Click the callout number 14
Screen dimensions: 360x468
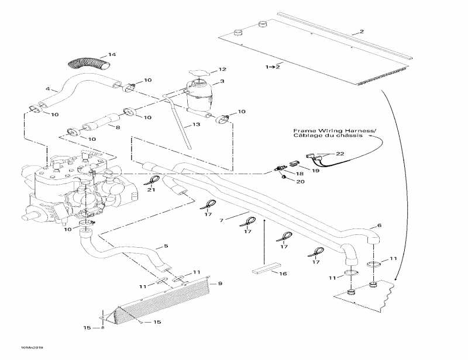pyautogui.click(x=113, y=55)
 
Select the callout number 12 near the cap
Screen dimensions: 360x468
pyautogui.click(x=222, y=70)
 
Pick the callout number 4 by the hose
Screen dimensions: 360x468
pyautogui.click(x=47, y=89)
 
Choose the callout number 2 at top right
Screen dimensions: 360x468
pyautogui.click(x=362, y=31)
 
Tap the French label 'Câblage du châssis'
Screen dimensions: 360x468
pyautogui.click(x=328, y=136)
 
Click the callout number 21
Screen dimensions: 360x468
pyautogui.click(x=152, y=189)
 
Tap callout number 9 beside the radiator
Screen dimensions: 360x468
pyautogui.click(x=220, y=283)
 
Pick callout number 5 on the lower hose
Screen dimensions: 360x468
pyautogui.click(x=166, y=246)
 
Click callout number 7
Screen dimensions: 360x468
pyautogui.click(x=222, y=220)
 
